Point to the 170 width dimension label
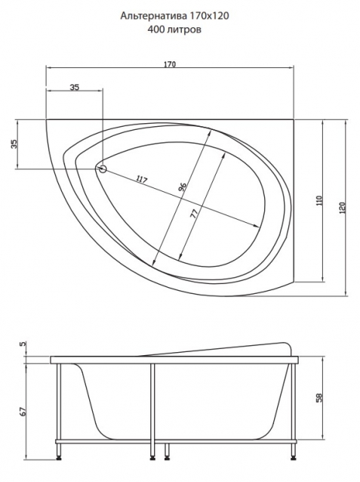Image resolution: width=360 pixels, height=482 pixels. click(x=170, y=64)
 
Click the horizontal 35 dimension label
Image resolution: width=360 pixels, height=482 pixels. click(x=74, y=88)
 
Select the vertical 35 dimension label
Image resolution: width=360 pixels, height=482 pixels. click(x=14, y=144)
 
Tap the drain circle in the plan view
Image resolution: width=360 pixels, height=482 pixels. click(x=103, y=168)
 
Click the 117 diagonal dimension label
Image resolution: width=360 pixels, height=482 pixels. click(x=141, y=180)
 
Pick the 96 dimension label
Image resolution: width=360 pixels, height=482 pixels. click(x=183, y=187)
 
